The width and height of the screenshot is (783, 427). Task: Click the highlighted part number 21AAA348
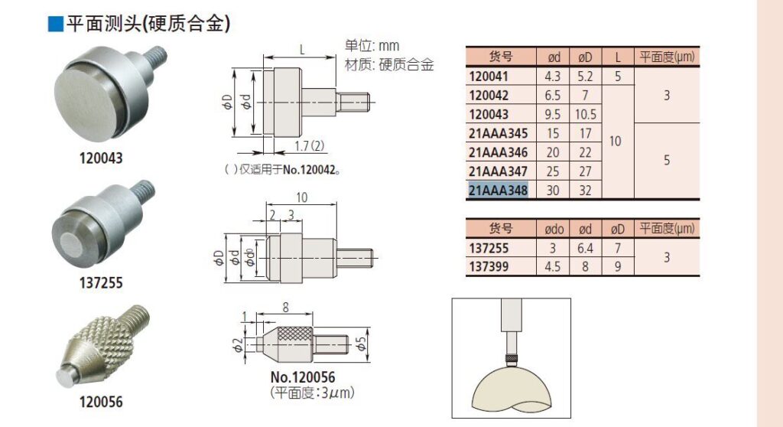498,191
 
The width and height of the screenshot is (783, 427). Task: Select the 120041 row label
489,77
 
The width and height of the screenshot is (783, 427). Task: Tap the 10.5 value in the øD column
585,115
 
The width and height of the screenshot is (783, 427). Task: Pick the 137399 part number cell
489,266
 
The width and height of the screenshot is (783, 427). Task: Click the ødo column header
554,229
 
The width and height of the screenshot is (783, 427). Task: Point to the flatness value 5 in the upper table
667,160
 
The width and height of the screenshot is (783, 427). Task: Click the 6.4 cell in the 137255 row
585,248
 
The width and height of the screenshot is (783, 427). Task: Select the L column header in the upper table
618,57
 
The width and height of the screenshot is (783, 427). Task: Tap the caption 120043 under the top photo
100,158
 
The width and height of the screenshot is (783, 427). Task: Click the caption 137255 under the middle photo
100,282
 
